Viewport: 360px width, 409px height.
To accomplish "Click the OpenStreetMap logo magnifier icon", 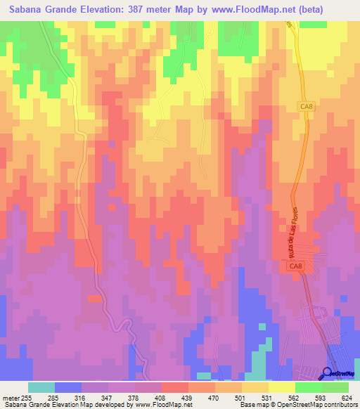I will click(x=327, y=373).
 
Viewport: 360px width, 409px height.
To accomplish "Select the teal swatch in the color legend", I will click(x=41, y=387).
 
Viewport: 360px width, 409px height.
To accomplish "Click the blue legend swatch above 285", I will click(x=68, y=387).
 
